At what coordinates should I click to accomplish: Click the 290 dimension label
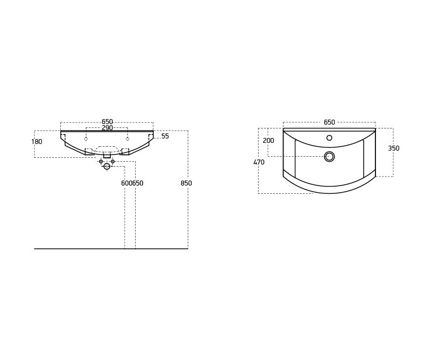point(107,128)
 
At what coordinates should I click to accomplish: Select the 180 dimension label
point(37,142)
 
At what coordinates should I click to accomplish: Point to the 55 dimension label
point(165,136)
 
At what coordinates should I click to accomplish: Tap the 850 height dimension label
point(186,183)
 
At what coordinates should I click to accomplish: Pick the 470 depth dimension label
point(259,162)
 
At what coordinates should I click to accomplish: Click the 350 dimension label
point(394,148)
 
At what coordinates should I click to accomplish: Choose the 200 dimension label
point(268,141)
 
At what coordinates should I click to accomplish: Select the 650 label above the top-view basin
point(329,122)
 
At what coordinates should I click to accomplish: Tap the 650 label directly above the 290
point(107,122)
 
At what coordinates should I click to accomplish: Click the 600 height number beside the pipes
point(127,183)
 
